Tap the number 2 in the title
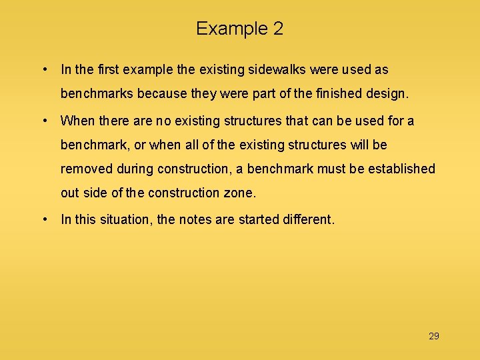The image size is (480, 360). [277, 29]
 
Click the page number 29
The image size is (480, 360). [434, 336]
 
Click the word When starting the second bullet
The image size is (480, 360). [78, 121]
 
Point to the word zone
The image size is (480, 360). [240, 193]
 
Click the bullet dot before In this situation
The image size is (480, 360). [43, 219]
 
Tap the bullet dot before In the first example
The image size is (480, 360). [43, 69]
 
